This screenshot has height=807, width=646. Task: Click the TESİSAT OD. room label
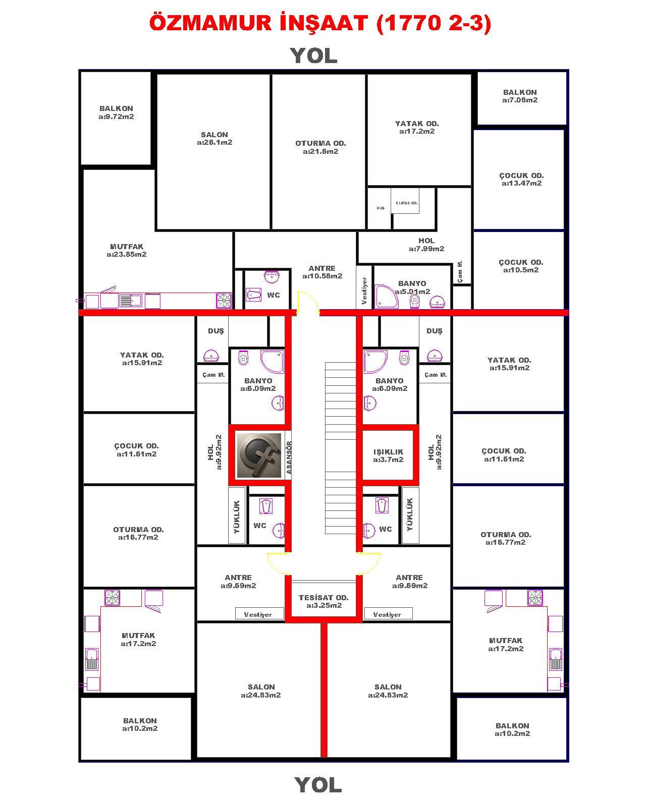point(324,597)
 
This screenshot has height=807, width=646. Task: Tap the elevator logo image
point(259,455)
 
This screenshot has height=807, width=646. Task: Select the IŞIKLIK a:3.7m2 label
point(388,455)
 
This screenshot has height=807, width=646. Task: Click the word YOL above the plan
point(314,56)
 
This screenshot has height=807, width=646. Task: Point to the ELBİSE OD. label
point(406,203)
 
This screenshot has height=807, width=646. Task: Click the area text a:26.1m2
point(214,143)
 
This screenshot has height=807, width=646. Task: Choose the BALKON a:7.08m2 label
point(520,96)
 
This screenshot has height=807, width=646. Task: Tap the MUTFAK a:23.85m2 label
point(127,250)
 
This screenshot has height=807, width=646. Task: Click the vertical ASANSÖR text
point(289,457)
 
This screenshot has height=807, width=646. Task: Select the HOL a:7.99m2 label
point(426,245)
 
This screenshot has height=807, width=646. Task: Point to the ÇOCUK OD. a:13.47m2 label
point(521,179)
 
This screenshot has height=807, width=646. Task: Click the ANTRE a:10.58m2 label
point(322,272)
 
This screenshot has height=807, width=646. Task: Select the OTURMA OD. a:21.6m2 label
point(320,147)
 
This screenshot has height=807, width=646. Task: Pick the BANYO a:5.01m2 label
point(412,287)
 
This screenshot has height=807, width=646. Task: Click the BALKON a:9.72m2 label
point(117,112)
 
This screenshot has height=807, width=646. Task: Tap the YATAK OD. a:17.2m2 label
point(417,127)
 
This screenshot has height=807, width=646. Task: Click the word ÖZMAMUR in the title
point(210,23)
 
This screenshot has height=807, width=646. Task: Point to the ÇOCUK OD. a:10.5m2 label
point(521,266)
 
